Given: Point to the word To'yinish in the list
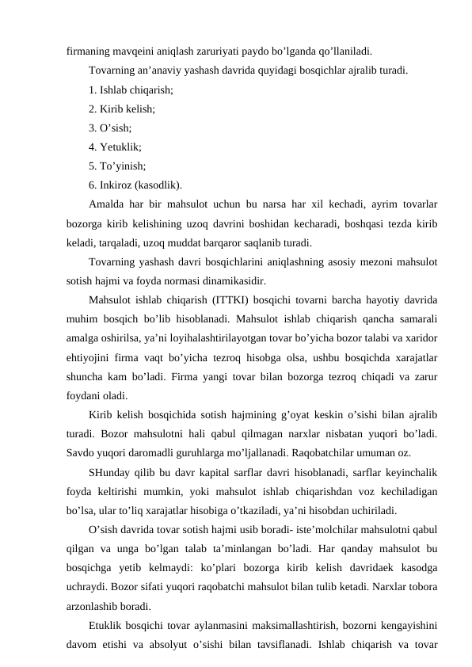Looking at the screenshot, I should coord(122,167).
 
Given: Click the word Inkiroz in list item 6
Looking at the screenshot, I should coord(119,186).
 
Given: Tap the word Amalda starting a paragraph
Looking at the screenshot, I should coord(108,205).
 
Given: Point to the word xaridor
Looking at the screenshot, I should coord(423,339).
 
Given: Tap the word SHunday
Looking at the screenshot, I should coord(112,473).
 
